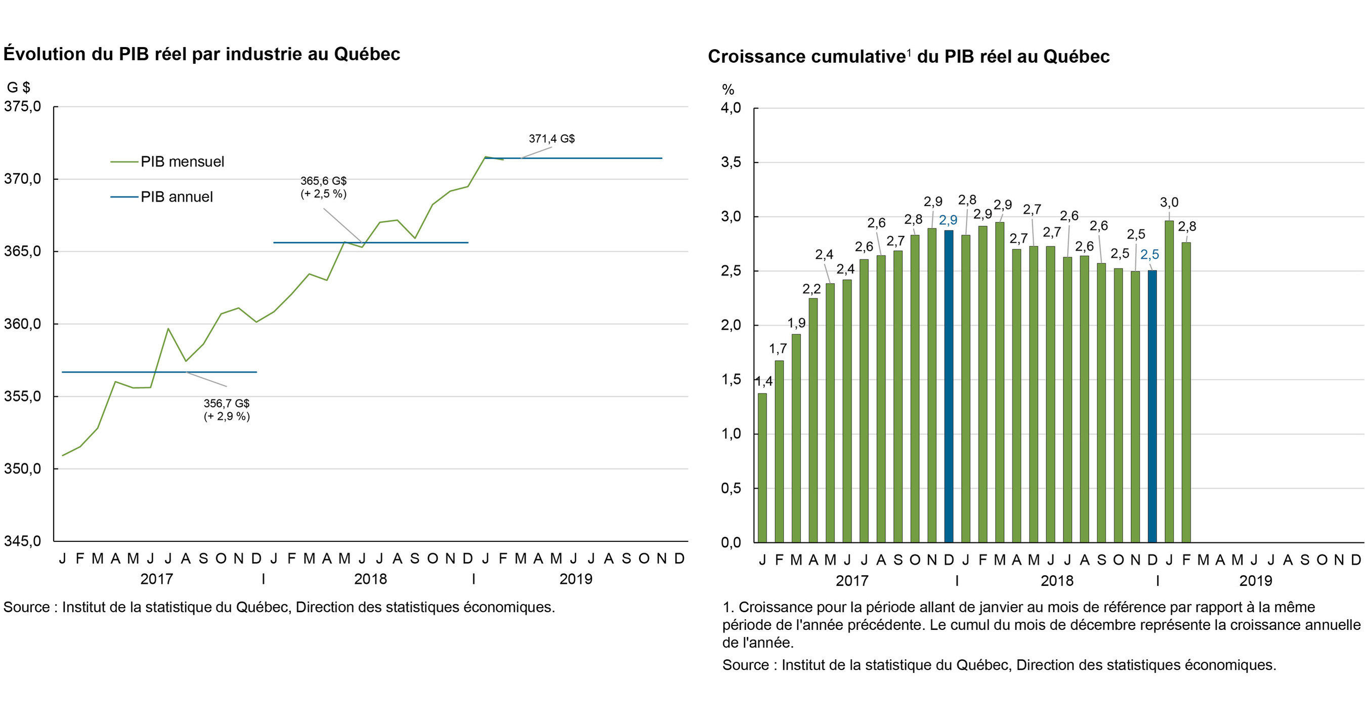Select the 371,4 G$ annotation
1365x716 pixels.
pyautogui.click(x=551, y=138)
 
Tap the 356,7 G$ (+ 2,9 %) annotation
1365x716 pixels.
pyautogui.click(x=226, y=410)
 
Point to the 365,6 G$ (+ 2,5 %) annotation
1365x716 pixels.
pyautogui.click(x=323, y=187)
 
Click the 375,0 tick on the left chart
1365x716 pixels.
pyautogui.click(x=22, y=107)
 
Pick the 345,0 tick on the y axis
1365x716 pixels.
pyautogui.click(x=22, y=541)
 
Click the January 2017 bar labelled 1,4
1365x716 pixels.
pyautogui.click(x=762, y=467)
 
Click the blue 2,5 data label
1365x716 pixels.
pyautogui.click(x=1149, y=255)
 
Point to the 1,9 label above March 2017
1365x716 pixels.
pyautogui.click(x=796, y=323)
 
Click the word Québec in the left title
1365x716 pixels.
pyautogui.click(x=367, y=54)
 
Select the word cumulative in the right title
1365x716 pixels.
pyautogui.click(x=858, y=57)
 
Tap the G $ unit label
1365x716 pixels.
pyautogui.click(x=18, y=88)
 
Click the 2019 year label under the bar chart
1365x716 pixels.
pyautogui.click(x=1255, y=581)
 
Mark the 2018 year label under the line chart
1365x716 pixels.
pyautogui.click(x=370, y=579)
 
